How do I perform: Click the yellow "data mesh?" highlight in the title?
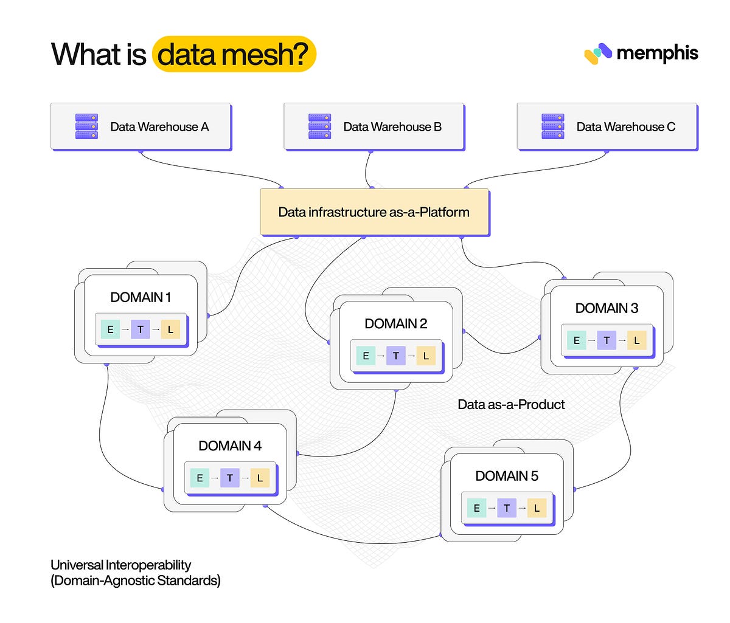coord(234,54)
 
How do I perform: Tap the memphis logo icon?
coord(597,53)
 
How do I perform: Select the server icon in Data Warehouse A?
coord(86,126)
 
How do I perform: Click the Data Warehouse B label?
coord(392,127)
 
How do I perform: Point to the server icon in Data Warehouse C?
coord(552,126)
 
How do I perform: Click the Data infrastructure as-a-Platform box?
coord(374,212)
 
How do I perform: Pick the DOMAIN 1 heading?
coord(141,297)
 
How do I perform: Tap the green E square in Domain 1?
coord(110,329)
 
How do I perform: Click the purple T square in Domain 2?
coord(395,356)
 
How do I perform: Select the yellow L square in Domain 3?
coord(636,340)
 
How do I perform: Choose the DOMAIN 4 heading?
coord(230,446)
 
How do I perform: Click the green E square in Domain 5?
coord(476,508)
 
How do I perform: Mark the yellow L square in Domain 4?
coord(260,478)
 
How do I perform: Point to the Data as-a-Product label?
coord(511,405)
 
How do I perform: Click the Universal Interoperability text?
coord(121,565)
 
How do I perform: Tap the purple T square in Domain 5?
coord(507,508)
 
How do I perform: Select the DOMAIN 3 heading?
coord(607,308)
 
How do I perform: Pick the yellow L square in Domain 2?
coord(426,356)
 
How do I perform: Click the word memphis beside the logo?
coord(657,53)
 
